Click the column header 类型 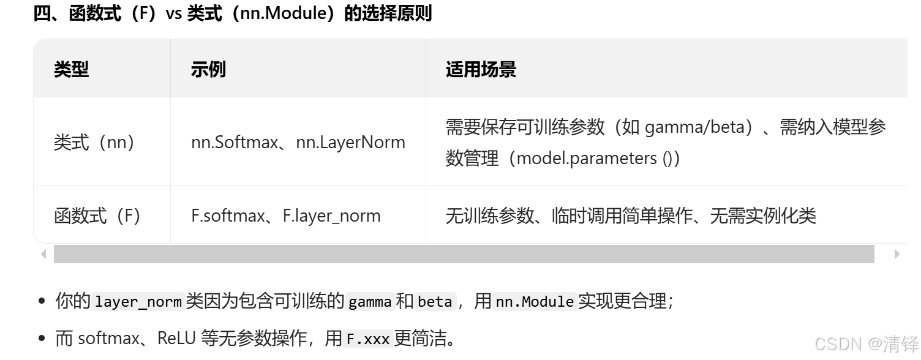[x=71, y=69]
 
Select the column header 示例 [x=208, y=69]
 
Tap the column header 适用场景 [x=481, y=69]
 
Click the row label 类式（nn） [x=94, y=142]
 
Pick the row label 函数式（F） [x=98, y=216]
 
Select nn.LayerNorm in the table [x=350, y=142]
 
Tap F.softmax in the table [x=227, y=216]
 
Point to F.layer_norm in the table [x=331, y=216]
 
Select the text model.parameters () [x=595, y=158]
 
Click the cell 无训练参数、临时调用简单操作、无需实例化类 [x=631, y=216]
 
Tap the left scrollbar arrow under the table [x=43, y=254]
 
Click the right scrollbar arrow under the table [x=897, y=254]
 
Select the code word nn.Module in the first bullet [x=534, y=302]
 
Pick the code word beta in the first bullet [x=435, y=302]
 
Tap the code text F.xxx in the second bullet [x=368, y=339]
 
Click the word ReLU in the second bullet [x=176, y=339]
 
